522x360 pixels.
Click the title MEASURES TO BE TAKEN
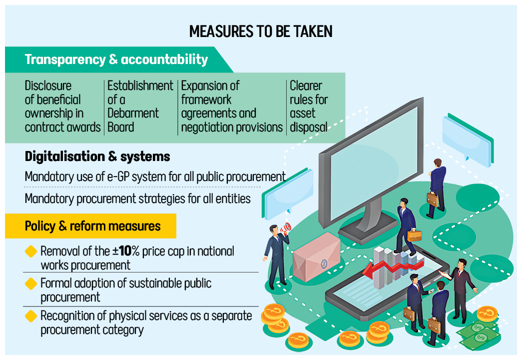[261, 31]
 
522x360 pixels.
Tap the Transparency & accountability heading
[116, 59]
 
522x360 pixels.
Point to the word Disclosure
[48, 86]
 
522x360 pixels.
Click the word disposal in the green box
[308, 127]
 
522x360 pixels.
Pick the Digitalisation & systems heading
[97, 156]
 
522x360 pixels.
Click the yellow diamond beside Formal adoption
[31, 283]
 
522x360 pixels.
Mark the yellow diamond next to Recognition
[31, 316]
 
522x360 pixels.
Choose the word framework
[207, 99]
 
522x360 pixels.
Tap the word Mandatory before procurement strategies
[49, 198]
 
